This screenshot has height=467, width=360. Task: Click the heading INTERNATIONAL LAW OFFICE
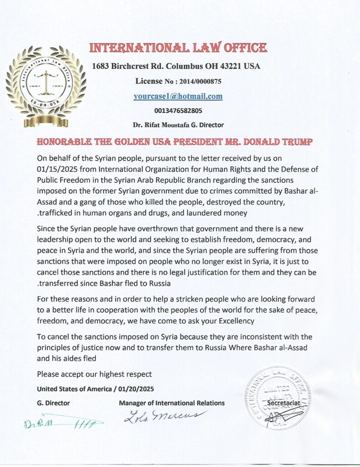(178, 48)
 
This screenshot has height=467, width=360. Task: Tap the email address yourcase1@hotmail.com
(178, 96)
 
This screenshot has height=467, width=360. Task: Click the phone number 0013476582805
(178, 110)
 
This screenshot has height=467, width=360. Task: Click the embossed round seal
(278, 398)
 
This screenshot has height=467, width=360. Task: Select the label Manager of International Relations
(171, 403)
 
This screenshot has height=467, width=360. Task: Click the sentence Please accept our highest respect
(94, 374)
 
